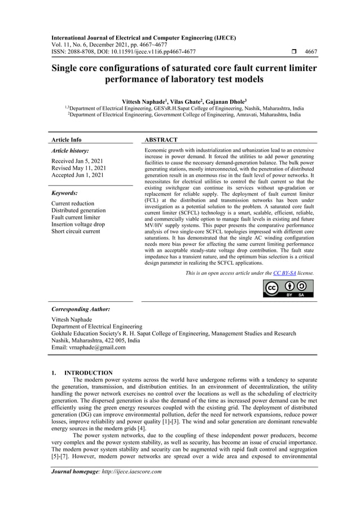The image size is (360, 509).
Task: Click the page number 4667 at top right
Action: coord(310,52)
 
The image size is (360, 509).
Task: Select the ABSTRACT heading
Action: coord(161,139)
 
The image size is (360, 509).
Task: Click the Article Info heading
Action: coord(66,139)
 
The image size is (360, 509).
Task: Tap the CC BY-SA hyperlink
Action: coord(284,273)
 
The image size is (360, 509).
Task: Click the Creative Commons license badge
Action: coord(288,288)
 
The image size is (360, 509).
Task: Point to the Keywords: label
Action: coord(64,192)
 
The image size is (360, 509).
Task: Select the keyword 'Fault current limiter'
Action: coord(76,217)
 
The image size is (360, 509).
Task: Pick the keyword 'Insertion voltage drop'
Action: coord(78,224)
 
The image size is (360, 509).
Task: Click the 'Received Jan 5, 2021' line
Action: coord(76,161)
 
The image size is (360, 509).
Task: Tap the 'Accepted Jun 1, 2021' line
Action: coord(77,175)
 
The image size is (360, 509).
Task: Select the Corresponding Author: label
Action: coord(81,309)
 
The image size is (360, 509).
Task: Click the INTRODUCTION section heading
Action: coord(89,373)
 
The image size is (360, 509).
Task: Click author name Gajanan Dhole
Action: coord(222,102)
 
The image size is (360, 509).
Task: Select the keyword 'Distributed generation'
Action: coord(78,210)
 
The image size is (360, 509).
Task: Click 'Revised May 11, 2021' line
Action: coord(78,168)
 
